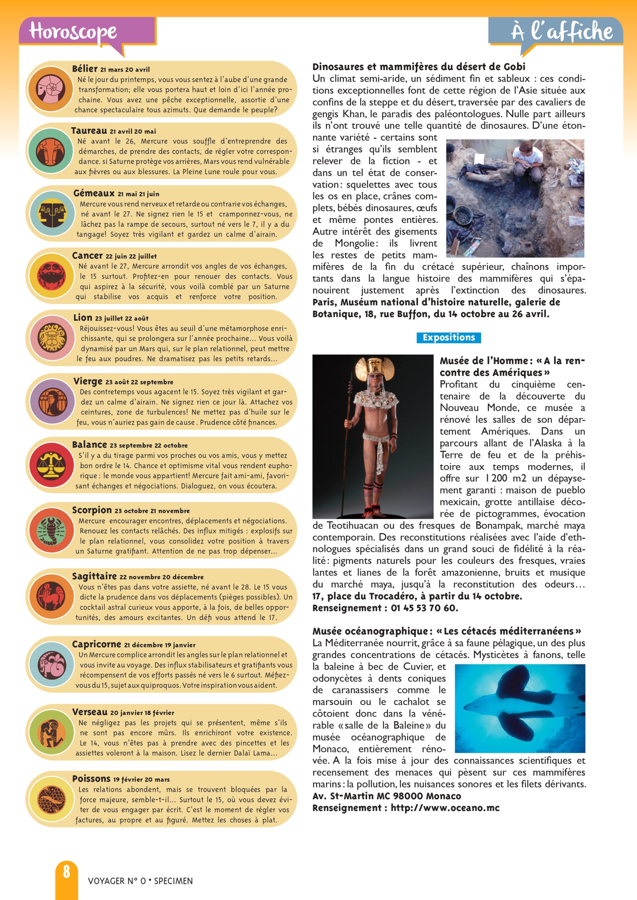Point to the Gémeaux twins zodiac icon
(51, 213)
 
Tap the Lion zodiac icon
(51, 337)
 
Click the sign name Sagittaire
(95, 576)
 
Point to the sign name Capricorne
(96, 644)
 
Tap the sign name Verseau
(90, 712)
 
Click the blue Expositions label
(448, 337)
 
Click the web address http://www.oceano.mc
(445, 808)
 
